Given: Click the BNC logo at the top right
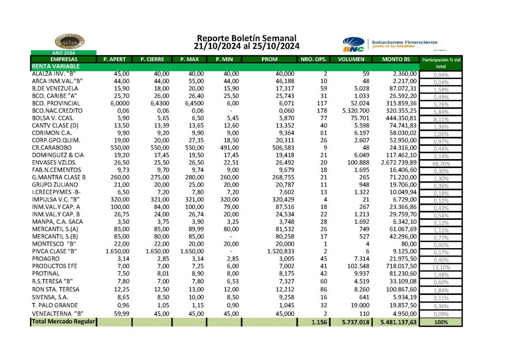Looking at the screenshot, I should [x=353, y=44].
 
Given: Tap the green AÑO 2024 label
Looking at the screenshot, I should [x=64, y=53].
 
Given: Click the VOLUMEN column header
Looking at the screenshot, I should [x=351, y=60].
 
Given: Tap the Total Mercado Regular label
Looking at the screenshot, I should [x=63, y=322].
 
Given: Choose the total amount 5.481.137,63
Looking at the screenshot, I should [x=398, y=322].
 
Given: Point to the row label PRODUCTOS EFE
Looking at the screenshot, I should [x=53, y=266].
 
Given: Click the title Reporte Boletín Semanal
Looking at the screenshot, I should [x=247, y=38].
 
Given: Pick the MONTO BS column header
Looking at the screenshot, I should [x=396, y=60].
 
